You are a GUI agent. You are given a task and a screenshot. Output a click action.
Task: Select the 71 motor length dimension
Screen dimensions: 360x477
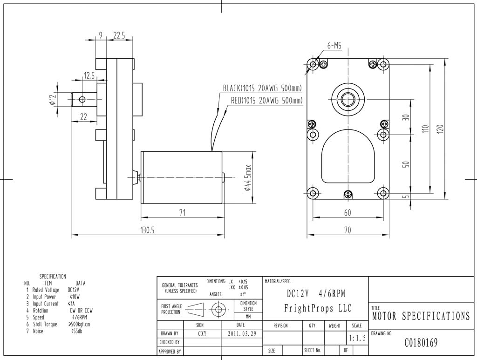click(x=183, y=212)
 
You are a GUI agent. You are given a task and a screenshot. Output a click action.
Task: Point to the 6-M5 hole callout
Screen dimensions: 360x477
click(x=334, y=46)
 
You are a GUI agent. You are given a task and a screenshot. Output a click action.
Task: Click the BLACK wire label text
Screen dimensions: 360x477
click(x=262, y=88)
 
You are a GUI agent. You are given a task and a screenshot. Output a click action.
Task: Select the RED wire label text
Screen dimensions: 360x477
click(x=266, y=100)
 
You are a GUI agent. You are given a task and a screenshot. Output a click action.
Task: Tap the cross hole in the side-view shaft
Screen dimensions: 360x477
click(x=82, y=99)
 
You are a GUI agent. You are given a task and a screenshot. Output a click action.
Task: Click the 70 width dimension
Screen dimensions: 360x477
click(x=348, y=230)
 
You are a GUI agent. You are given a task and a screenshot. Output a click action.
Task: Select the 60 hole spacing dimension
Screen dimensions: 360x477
click(x=348, y=212)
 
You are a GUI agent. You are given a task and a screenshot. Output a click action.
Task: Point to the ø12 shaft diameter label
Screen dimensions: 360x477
click(x=53, y=99)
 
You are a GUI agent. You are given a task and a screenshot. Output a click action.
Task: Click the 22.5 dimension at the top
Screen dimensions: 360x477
click(x=119, y=35)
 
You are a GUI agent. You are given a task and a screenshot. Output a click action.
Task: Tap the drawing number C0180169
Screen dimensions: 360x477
click(x=421, y=344)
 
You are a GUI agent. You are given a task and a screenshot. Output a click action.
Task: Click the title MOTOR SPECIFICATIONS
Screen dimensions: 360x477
click(x=421, y=317)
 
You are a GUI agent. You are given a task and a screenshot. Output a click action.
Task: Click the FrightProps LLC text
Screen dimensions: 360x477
click(x=318, y=308)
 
